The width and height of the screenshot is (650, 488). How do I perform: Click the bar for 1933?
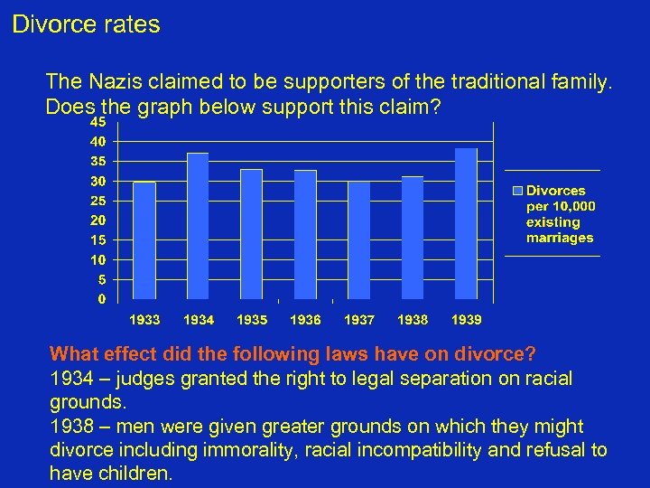pos(144,240)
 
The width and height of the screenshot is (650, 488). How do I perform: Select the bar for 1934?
pos(198,226)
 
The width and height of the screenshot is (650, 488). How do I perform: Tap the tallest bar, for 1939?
pos(466,223)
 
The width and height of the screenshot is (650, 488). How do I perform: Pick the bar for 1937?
pos(358,240)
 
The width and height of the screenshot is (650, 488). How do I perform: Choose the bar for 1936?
pos(305,234)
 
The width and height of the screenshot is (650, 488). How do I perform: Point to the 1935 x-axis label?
pos(252,320)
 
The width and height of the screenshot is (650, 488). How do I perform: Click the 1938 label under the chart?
pos(413,320)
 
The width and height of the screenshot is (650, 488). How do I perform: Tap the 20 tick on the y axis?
pos(99,220)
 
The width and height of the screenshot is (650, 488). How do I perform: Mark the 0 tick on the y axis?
pos(102,298)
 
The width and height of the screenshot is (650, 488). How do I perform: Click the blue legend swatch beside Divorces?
pos(518,191)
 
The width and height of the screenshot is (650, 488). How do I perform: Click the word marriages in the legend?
pos(560,238)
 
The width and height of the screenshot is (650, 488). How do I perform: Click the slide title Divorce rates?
pos(86,24)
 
